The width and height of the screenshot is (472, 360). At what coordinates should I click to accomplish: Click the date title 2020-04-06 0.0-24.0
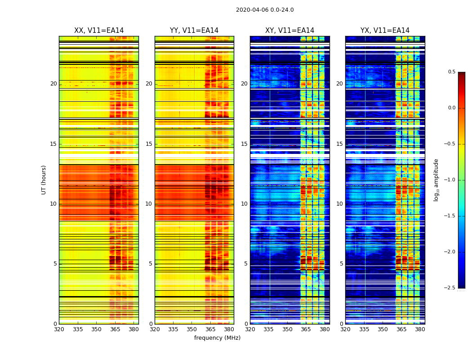tap(265, 10)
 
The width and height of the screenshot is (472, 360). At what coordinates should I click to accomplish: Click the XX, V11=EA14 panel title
tap(99, 31)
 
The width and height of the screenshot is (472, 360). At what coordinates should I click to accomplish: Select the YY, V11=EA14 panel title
tap(194, 31)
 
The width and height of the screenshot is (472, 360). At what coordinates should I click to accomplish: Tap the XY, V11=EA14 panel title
tap(289, 31)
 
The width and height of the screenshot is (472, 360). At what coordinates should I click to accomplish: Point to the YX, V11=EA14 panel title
tap(385, 31)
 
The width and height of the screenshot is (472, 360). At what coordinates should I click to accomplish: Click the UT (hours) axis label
tap(44, 180)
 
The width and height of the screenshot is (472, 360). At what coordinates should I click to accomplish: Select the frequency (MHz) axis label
tap(217, 338)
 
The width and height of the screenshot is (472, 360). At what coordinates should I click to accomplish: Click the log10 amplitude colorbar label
tap(436, 180)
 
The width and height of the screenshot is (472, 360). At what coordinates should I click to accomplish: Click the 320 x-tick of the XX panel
tap(59, 329)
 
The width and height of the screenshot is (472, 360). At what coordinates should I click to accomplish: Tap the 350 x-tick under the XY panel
tap(287, 329)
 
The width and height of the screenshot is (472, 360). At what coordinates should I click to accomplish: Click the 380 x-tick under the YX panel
tap(420, 329)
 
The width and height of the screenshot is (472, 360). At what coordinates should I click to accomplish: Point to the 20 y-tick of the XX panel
tap(53, 84)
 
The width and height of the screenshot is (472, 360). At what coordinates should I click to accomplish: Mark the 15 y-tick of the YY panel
tap(149, 144)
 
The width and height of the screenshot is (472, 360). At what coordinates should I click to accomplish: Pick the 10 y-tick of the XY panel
tap(244, 204)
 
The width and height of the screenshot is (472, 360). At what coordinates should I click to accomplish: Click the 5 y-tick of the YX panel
tap(341, 264)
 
